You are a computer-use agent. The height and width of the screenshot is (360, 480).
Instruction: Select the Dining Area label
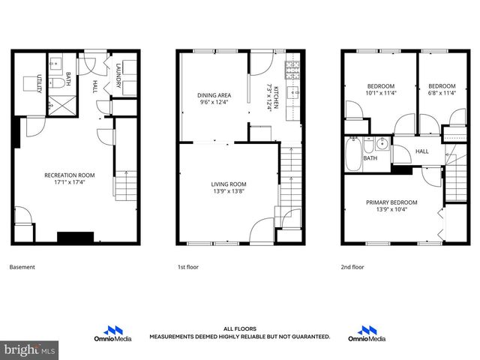point(214,95)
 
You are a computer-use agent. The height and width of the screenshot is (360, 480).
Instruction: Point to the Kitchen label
point(276,98)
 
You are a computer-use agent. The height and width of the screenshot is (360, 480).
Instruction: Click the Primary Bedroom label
point(391,202)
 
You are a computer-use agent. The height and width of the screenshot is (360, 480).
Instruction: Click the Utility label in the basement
point(39,84)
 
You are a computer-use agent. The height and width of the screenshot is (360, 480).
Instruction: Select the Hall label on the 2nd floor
point(422,151)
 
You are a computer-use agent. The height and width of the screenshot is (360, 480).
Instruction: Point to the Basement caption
point(22,267)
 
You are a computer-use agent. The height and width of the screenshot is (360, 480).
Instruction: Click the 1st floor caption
point(187,267)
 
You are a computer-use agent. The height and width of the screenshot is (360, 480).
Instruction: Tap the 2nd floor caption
point(352,267)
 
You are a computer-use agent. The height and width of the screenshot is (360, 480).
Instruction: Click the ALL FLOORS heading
point(239,328)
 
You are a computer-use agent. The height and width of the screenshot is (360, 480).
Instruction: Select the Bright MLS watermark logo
point(30,349)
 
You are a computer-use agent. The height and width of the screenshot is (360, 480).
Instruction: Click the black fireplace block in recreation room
point(76,237)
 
